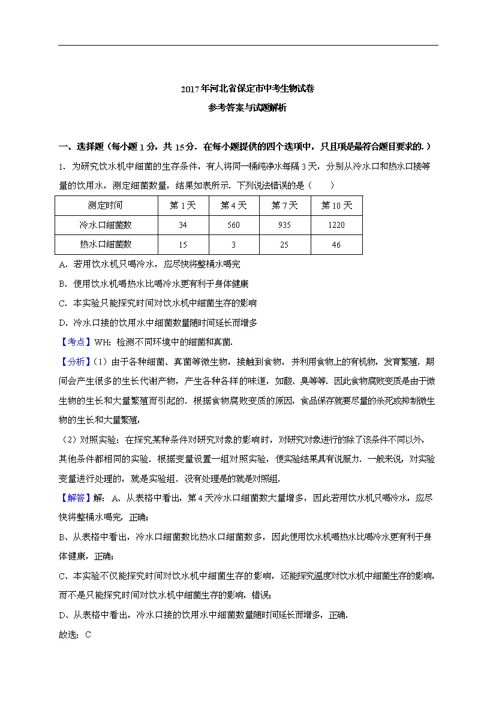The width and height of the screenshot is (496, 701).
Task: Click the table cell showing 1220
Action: [x=336, y=225]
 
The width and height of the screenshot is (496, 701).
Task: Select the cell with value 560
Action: [x=234, y=225]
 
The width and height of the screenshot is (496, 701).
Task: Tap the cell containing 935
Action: [x=285, y=225]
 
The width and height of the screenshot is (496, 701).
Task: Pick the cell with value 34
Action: [x=183, y=225]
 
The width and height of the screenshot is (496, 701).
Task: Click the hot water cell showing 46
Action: [x=336, y=245]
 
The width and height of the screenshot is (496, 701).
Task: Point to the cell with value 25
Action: [x=285, y=245]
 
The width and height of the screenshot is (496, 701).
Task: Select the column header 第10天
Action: [x=336, y=206]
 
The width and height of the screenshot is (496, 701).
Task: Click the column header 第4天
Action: [x=234, y=206]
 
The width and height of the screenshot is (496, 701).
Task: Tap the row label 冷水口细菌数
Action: [x=106, y=225]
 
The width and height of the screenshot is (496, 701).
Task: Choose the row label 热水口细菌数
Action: [x=106, y=245]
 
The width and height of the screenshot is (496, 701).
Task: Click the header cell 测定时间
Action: [x=106, y=206]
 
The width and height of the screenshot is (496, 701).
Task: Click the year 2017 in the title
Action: [x=190, y=89]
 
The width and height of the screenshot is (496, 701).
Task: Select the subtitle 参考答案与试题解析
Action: [x=248, y=109]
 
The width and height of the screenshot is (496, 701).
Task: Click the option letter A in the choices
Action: [x=62, y=264]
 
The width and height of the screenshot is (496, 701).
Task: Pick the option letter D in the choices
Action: [x=62, y=323]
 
